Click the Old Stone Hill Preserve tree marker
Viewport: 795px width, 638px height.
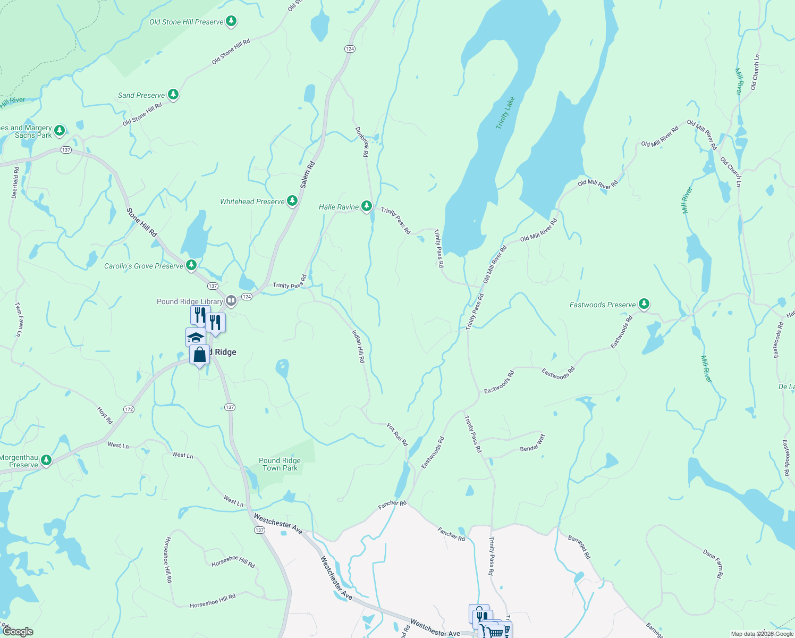point(231,22)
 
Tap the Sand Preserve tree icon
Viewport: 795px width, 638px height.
point(173,95)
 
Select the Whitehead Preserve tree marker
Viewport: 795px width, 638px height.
point(292,201)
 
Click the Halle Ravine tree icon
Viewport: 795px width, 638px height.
point(366,206)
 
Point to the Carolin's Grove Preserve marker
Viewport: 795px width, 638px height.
point(191,265)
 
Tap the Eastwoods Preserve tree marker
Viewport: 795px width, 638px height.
point(644,304)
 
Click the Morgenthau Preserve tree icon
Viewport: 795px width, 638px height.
point(46,460)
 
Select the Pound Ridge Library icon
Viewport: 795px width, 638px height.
point(231,301)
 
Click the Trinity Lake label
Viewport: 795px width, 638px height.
point(505,112)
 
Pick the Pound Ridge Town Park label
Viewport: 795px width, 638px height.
point(280,464)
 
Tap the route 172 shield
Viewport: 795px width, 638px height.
point(129,409)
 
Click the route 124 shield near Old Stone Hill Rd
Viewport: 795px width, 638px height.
point(349,49)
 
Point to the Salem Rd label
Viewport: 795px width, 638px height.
point(307,175)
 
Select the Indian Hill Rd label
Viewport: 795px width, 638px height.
point(359,346)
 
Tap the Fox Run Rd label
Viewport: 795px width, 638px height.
point(397,434)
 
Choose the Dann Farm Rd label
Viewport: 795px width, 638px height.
point(713,564)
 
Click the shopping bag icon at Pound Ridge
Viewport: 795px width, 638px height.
point(199,355)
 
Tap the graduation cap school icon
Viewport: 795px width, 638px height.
point(195,337)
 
